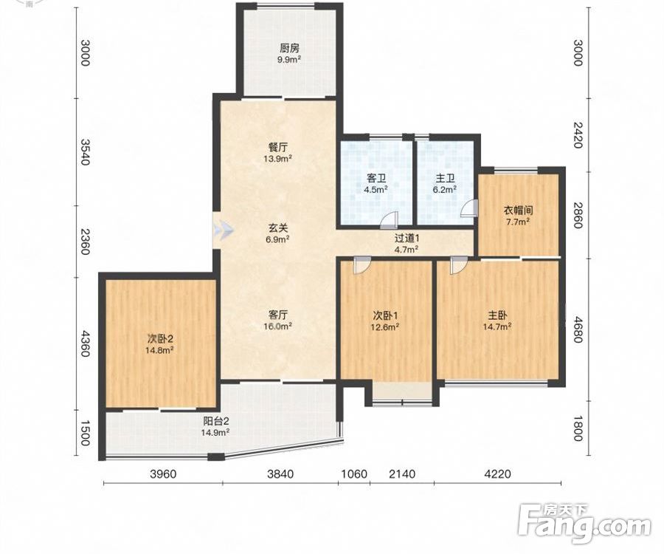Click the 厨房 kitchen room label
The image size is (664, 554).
point(289,48)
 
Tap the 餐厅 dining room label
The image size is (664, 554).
point(278,148)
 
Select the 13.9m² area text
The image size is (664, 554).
point(278,159)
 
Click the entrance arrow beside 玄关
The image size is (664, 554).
point(223,230)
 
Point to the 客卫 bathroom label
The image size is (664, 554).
point(376,178)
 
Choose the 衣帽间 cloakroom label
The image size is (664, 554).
point(518,211)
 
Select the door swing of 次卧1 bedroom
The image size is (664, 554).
point(362,264)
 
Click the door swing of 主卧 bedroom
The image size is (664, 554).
point(458,265)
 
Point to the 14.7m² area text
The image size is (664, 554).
point(497,326)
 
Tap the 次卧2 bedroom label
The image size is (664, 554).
point(159,338)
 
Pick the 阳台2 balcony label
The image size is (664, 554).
point(216,421)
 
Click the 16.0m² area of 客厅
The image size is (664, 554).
point(278,326)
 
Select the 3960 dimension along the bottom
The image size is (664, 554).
point(163,473)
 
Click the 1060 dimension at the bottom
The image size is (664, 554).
point(354,473)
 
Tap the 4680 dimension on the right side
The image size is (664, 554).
point(578,329)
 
